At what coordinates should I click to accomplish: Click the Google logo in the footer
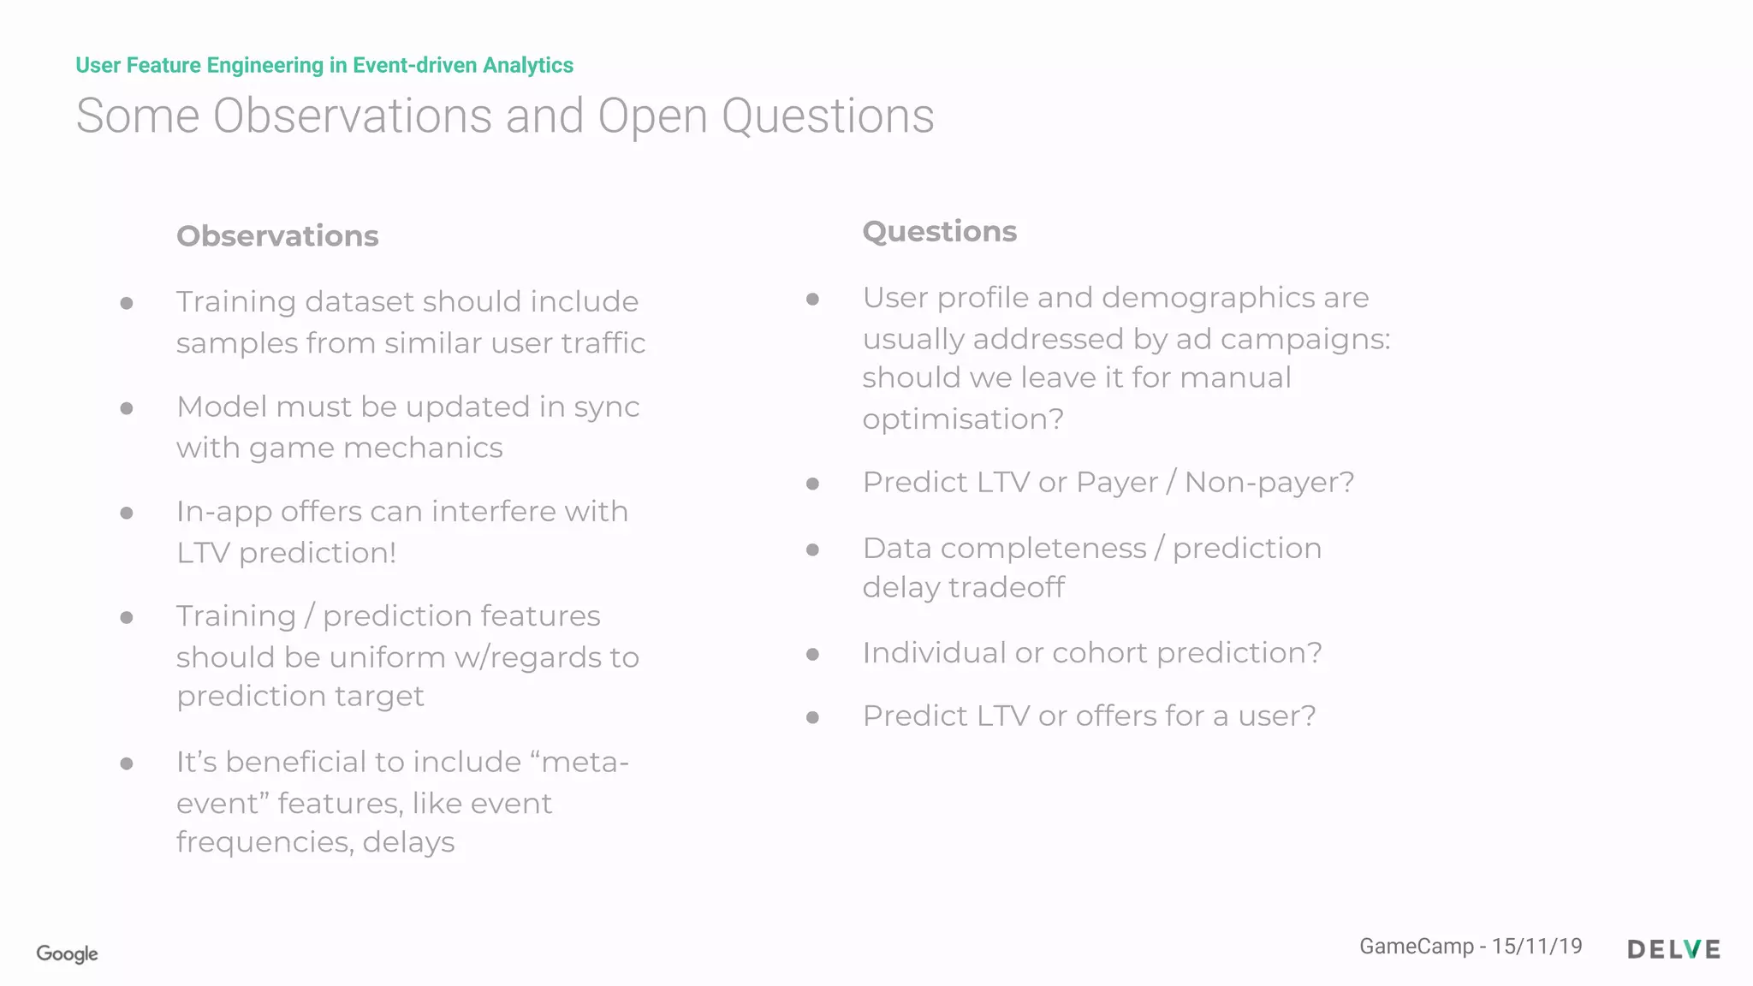click(67, 953)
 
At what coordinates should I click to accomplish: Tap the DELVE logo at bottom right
click(1673, 949)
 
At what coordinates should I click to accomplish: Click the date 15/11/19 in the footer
click(1536, 946)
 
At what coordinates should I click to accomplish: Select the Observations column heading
click(277, 236)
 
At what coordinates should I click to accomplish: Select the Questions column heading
click(939, 232)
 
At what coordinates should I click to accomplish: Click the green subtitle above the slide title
click(324, 65)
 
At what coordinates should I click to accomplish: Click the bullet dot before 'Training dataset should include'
click(127, 303)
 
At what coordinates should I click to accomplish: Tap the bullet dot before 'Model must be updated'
click(127, 408)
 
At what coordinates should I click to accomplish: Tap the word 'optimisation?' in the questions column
click(963, 419)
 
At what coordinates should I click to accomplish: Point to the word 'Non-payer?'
click(1269, 483)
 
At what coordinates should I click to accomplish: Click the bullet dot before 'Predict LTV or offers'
click(813, 717)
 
